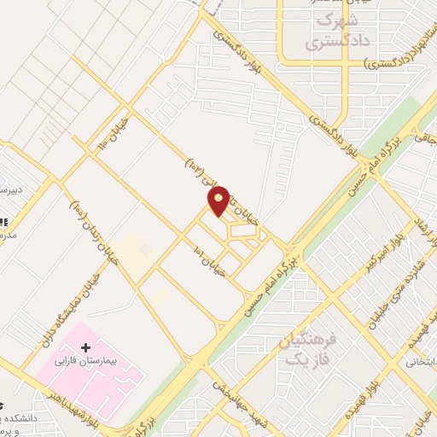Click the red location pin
pyautogui.click(x=218, y=200)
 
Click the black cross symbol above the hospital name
pyautogui.click(x=85, y=347)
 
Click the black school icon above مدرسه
pyautogui.click(x=3, y=219)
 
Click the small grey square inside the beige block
pyautogui.click(x=145, y=249)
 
